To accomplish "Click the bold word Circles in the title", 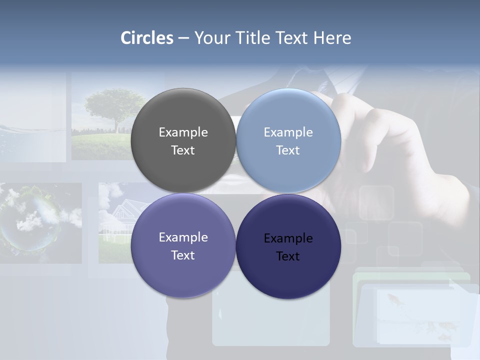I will [x=147, y=38].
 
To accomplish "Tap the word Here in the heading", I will [x=332, y=38].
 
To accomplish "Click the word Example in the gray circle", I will [x=183, y=132].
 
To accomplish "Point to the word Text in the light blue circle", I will [x=288, y=150].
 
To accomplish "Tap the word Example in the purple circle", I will [x=183, y=237].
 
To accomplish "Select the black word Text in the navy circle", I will [x=288, y=256].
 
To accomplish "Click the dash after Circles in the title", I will [x=183, y=38].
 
